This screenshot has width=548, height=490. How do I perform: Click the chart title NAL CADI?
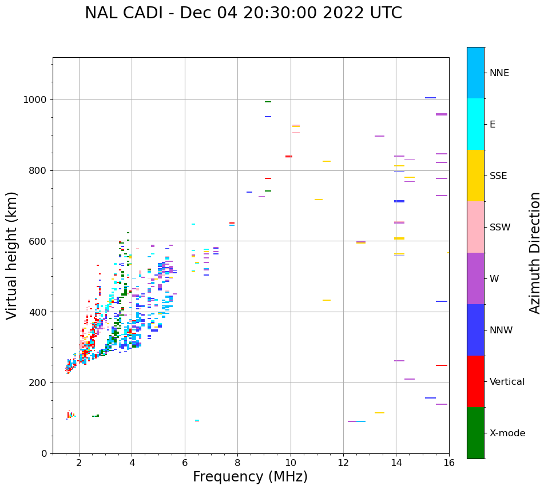[x=243, y=13]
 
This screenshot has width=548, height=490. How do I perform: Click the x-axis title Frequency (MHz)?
[x=250, y=477]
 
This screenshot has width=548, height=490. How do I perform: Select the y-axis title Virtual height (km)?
[x=12, y=256]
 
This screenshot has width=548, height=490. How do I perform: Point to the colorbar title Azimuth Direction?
[x=535, y=253]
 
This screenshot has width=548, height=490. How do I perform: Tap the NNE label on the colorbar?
[x=499, y=73]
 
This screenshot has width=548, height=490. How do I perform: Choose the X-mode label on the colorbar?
[x=507, y=433]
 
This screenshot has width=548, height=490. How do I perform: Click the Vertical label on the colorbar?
[x=507, y=382]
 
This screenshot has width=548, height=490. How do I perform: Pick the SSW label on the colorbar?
[x=499, y=228]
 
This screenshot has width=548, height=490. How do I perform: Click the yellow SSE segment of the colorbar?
[x=475, y=176]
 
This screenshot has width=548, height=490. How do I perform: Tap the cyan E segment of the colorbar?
[x=475, y=124]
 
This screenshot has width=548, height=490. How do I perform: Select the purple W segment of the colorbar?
[x=475, y=278]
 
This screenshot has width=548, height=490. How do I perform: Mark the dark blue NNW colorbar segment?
[x=475, y=330]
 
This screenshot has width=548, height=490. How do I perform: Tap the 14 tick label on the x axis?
[x=396, y=463]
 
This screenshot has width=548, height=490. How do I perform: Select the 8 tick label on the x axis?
[x=237, y=463]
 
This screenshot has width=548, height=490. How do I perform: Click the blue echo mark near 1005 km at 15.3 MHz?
[x=430, y=98]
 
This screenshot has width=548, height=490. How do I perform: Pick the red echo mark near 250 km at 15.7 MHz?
[x=441, y=365]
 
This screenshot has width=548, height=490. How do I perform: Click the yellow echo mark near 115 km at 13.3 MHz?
[x=379, y=413]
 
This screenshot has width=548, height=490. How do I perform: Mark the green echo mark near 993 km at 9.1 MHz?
[x=268, y=102]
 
